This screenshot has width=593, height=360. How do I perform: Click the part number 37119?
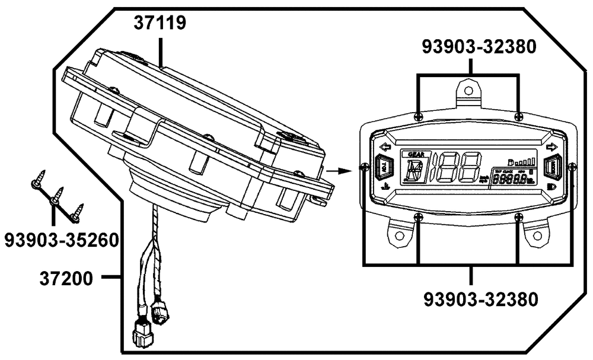160,24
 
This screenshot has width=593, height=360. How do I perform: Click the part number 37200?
67,277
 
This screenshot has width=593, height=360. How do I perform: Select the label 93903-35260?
60,240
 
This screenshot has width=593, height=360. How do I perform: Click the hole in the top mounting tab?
468,91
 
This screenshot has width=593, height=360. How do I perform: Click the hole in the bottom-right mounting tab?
538,235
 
